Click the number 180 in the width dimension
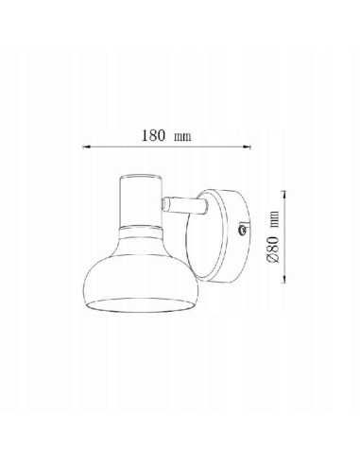tap(153, 135)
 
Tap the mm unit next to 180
tap(182, 137)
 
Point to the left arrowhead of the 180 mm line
tap(87, 146)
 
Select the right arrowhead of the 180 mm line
tap(247, 146)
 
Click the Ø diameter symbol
tap(272, 258)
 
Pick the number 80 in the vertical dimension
tap(273, 244)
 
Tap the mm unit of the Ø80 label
tap(275, 219)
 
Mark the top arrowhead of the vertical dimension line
tap(284, 195)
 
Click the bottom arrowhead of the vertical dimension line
tap(284, 279)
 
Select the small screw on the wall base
tap(242, 230)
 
